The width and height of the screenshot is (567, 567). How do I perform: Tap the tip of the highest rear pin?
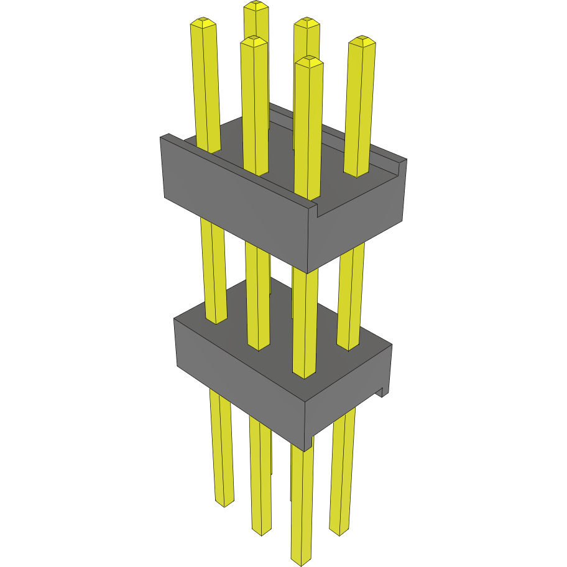coord(256,6)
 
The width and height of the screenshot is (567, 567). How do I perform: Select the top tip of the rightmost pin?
coord(362,41)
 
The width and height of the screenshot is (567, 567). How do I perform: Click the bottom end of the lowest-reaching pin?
coord(301,561)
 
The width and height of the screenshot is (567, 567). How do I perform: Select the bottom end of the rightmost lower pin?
coord(339,532)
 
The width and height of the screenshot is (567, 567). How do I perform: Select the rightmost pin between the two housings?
coord(351,292)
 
